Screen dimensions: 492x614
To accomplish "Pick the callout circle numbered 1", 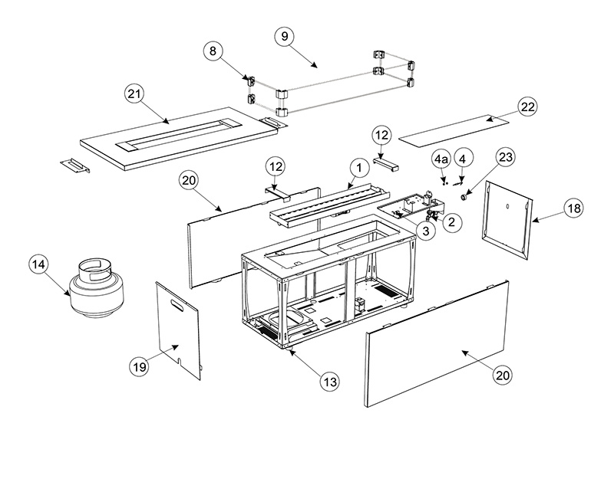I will pyautogui.click(x=357, y=166).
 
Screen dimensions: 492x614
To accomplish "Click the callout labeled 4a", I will pyautogui.click(x=441, y=160).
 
